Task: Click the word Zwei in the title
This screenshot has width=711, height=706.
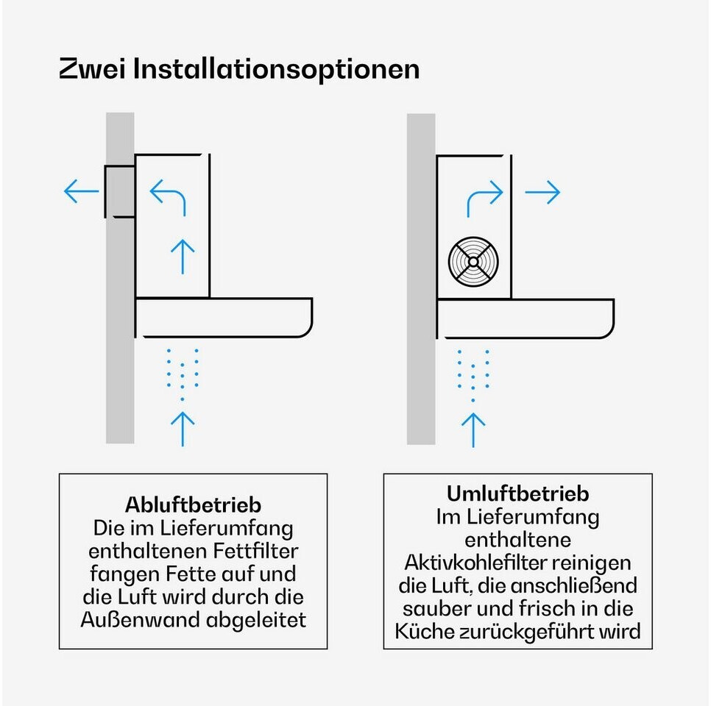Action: tap(92, 69)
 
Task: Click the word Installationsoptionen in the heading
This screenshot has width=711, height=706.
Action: tap(276, 69)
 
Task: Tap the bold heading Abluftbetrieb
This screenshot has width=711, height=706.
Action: tap(193, 504)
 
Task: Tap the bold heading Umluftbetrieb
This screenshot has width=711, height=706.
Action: tap(518, 493)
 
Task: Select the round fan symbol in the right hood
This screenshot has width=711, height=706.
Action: tap(473, 262)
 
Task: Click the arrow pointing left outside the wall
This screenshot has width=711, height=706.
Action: tap(81, 190)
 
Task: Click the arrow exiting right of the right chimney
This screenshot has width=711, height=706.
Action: tap(542, 192)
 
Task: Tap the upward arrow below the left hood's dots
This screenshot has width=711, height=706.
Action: tap(183, 429)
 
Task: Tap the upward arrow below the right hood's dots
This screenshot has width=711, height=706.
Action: tap(473, 430)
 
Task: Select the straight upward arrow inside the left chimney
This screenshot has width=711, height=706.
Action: tap(183, 257)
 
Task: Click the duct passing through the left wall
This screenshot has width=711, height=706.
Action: tap(120, 191)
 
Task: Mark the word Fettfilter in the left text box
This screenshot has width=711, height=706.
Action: tap(255, 551)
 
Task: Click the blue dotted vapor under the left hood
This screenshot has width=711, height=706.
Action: tap(183, 374)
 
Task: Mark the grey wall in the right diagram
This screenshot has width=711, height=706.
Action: tap(421, 279)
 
